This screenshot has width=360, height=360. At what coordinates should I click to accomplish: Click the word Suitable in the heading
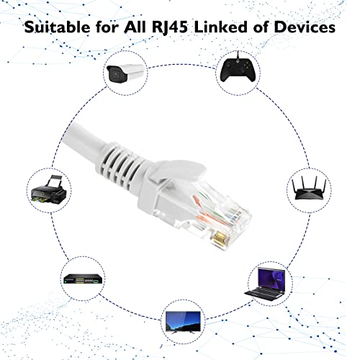57,27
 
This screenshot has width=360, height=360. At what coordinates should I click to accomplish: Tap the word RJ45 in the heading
170,27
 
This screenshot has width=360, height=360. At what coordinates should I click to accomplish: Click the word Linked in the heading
221,27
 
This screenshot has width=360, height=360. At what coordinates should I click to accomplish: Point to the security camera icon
125,73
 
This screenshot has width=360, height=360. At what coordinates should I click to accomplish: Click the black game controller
238,70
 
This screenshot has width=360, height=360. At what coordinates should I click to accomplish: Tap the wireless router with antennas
309,189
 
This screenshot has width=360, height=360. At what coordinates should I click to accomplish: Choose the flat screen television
183,322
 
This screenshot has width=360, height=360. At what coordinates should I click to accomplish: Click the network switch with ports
84,279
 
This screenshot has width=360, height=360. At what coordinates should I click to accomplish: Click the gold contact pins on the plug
220,239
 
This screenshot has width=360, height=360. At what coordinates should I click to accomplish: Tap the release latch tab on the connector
178,171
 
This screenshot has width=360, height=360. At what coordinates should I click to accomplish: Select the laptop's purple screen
271,279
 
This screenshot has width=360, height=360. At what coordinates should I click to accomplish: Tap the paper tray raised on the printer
55,181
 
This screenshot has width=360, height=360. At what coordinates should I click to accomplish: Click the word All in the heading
135,27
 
